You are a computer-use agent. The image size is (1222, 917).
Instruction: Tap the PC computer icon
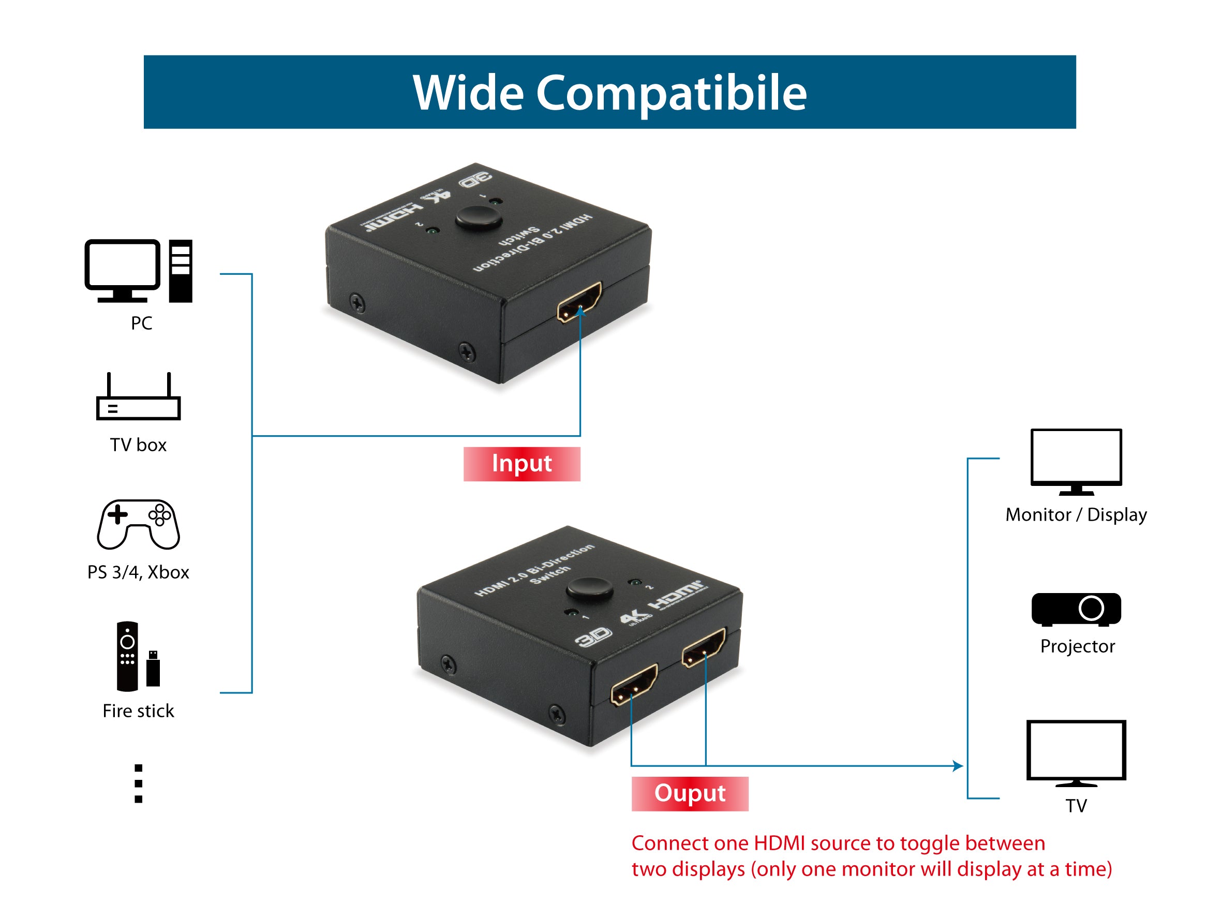click(x=138, y=271)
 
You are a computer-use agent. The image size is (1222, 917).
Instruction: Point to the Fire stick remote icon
click(x=128, y=656)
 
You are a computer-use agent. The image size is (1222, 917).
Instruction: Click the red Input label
click(x=521, y=464)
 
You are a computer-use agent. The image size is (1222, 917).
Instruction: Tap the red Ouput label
click(x=690, y=793)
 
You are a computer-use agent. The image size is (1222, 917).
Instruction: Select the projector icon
click(x=1076, y=609)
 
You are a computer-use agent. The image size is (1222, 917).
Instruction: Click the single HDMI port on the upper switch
click(x=579, y=302)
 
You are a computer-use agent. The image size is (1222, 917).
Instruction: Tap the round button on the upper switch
click(x=479, y=218)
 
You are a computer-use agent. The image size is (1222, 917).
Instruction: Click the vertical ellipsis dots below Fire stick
click(x=138, y=783)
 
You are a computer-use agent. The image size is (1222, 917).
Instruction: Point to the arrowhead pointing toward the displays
click(x=959, y=765)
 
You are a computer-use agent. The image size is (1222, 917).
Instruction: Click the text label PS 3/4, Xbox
click(x=138, y=572)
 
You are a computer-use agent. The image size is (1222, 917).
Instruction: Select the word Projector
click(x=1077, y=646)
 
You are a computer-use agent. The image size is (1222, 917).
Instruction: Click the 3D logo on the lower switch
click(x=593, y=638)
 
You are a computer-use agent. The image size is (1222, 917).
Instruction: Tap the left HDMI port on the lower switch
click(x=634, y=685)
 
